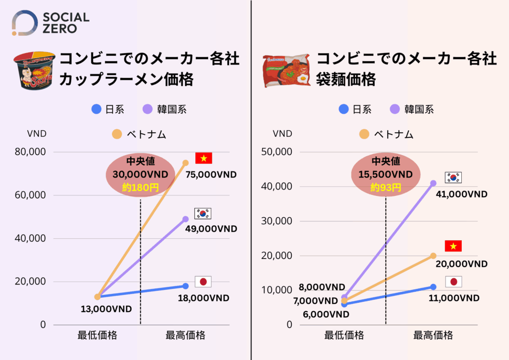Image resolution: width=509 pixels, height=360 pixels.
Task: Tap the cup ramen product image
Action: pos(33,70)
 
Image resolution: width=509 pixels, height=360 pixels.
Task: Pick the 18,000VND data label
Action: pos(204,298)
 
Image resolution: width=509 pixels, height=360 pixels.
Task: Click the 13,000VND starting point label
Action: pos(106,309)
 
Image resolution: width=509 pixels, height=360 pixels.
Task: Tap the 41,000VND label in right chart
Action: pos(462,194)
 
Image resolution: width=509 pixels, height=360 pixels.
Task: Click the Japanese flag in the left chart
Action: pos(203,282)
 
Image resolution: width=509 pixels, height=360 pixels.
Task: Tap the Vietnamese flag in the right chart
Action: pos(453,246)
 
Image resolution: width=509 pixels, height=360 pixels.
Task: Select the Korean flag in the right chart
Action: pos(453,178)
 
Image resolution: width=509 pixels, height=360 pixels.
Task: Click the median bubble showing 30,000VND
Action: pos(140,175)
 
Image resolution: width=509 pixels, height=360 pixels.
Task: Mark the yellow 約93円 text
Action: pos(386,187)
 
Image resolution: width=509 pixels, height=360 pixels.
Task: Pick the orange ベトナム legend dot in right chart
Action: pos(364,134)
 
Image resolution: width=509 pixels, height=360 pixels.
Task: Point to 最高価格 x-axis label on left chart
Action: pos(185,335)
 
